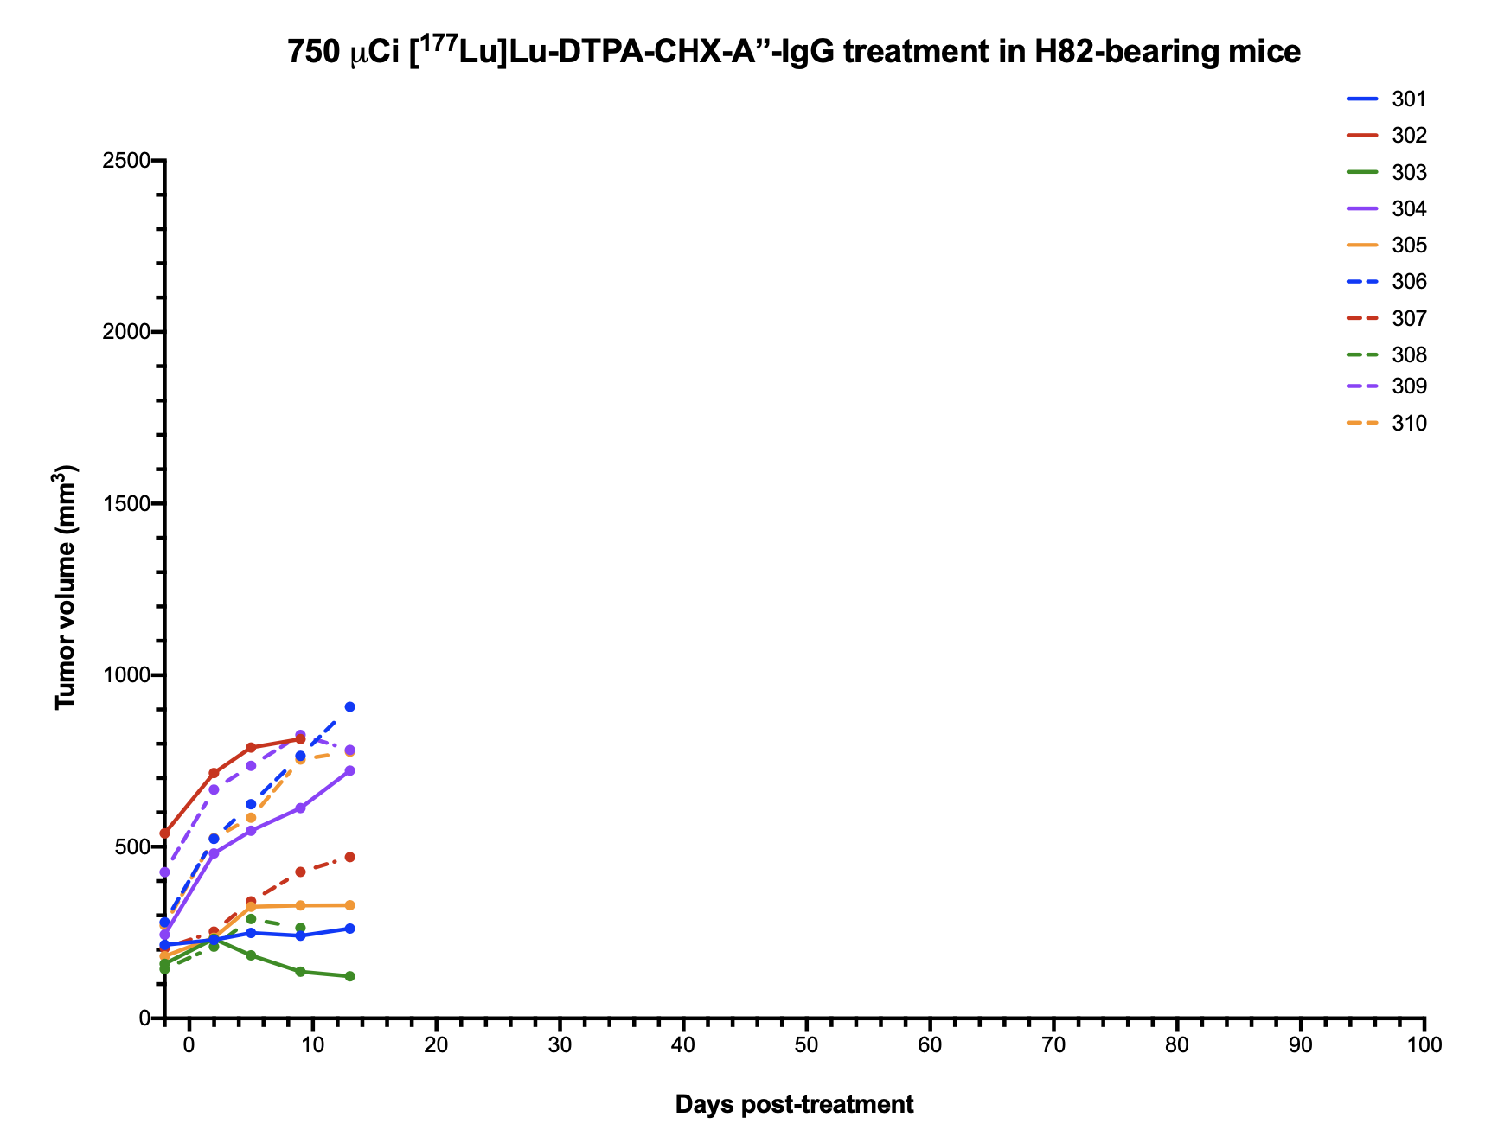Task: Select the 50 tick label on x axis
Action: pos(806,1045)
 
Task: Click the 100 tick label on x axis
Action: pos(1424,1045)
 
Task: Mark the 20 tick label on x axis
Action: pos(436,1045)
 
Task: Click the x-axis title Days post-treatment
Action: pos(794,1104)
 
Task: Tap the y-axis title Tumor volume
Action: pos(67,588)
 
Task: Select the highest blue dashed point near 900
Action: pos(349,706)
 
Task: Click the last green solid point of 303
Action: pos(349,976)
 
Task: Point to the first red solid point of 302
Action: pos(164,833)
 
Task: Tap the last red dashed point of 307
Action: pos(349,857)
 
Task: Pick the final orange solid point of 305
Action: pos(349,905)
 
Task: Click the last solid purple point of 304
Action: pos(349,770)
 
